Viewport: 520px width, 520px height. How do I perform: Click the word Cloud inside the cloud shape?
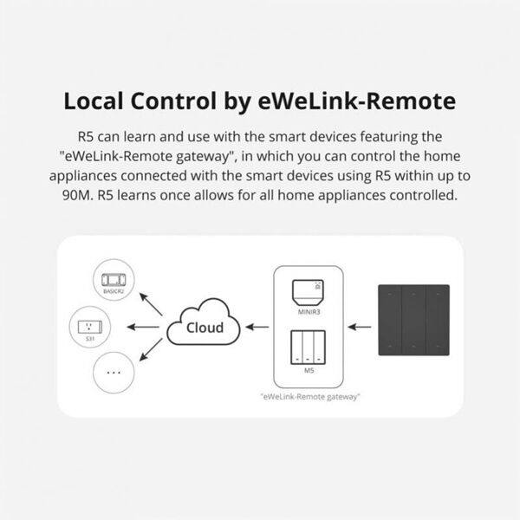205,327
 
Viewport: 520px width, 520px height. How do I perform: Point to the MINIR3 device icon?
309,293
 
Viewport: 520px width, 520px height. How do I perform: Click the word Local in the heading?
98,102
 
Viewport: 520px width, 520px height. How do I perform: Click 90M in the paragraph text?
80,197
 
